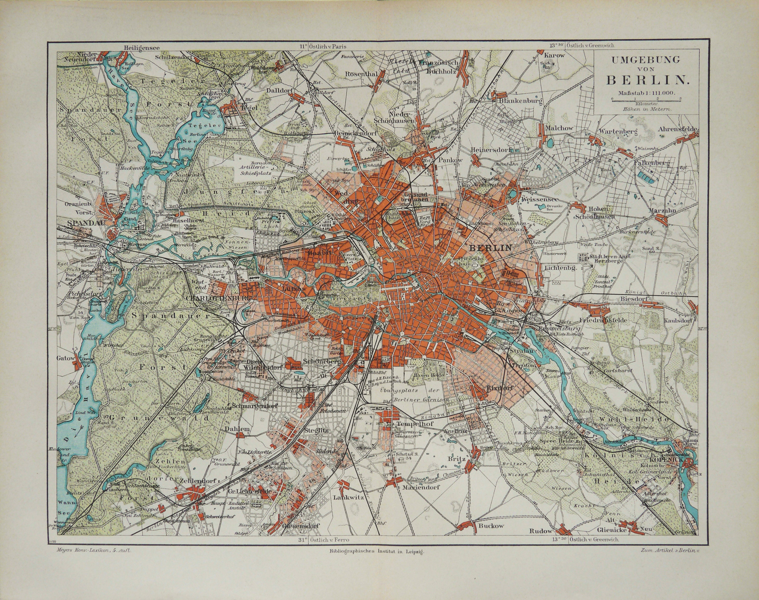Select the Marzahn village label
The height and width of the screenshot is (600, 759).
663,210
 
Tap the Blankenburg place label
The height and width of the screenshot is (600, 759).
520,101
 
